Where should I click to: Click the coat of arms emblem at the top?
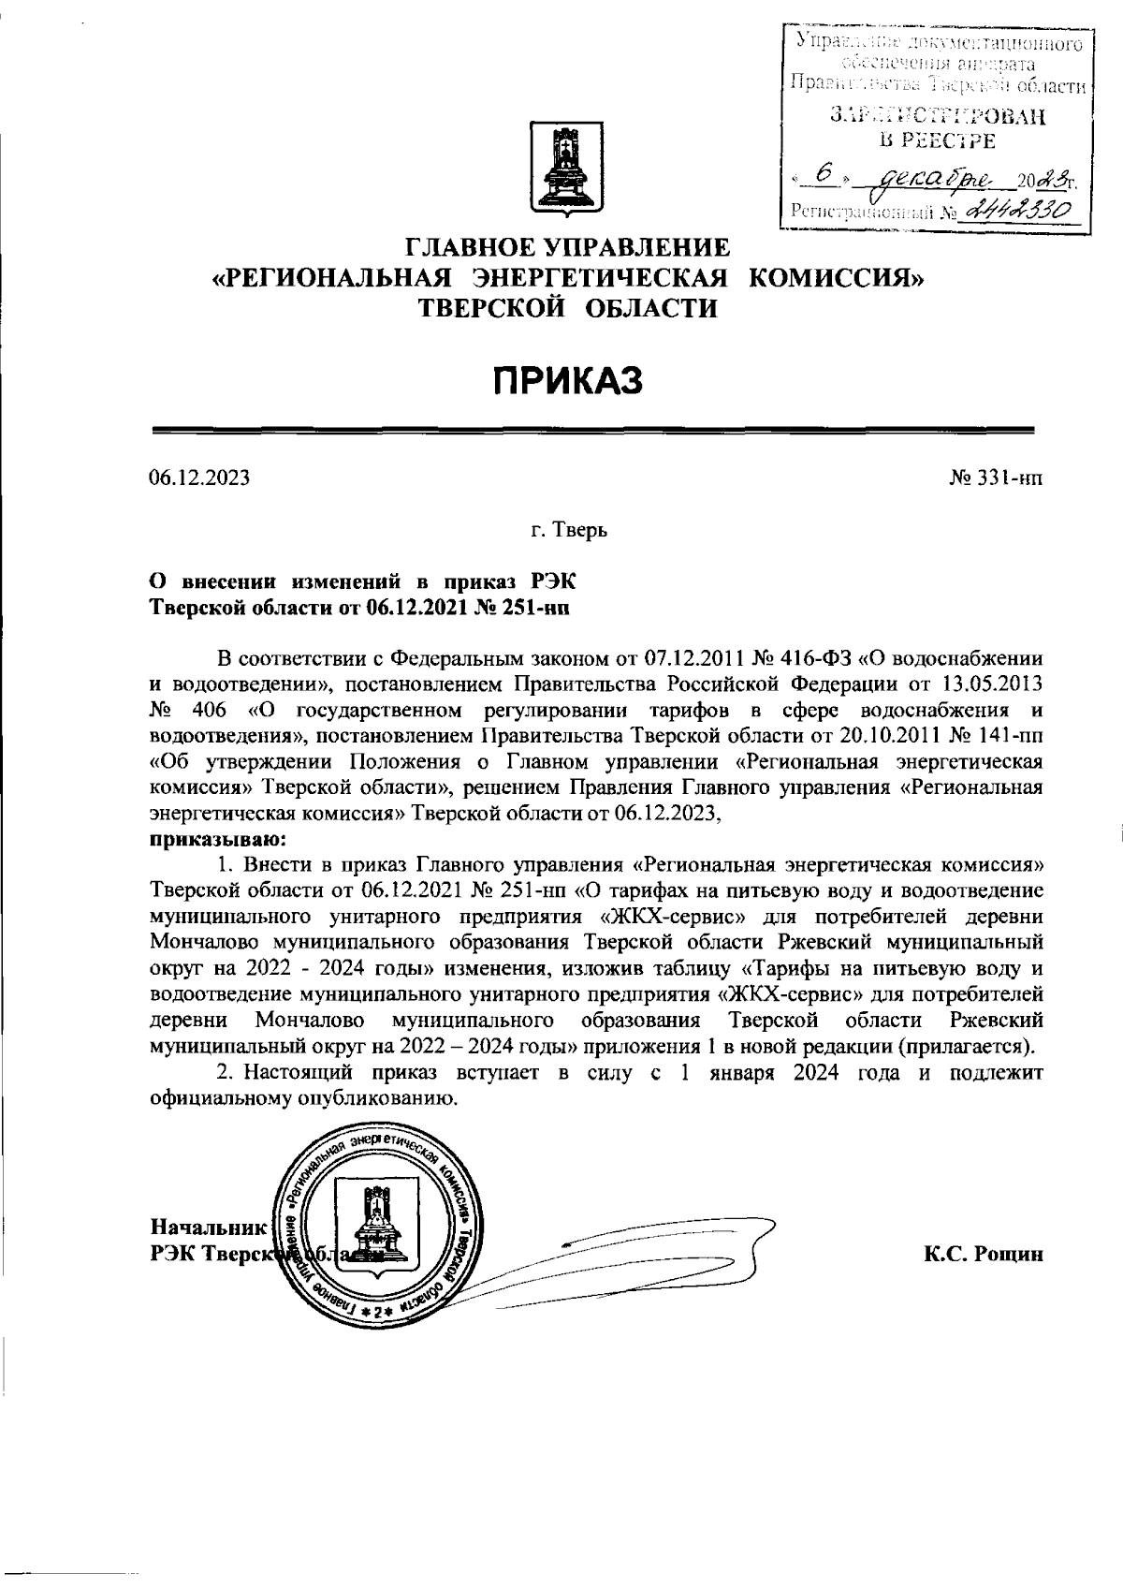(561, 167)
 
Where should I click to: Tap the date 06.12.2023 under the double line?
(199, 478)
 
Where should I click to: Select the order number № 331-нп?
(995, 478)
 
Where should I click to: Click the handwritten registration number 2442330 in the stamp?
(1022, 212)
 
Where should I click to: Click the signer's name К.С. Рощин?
(982, 1254)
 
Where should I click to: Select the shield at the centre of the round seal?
(376, 1225)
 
